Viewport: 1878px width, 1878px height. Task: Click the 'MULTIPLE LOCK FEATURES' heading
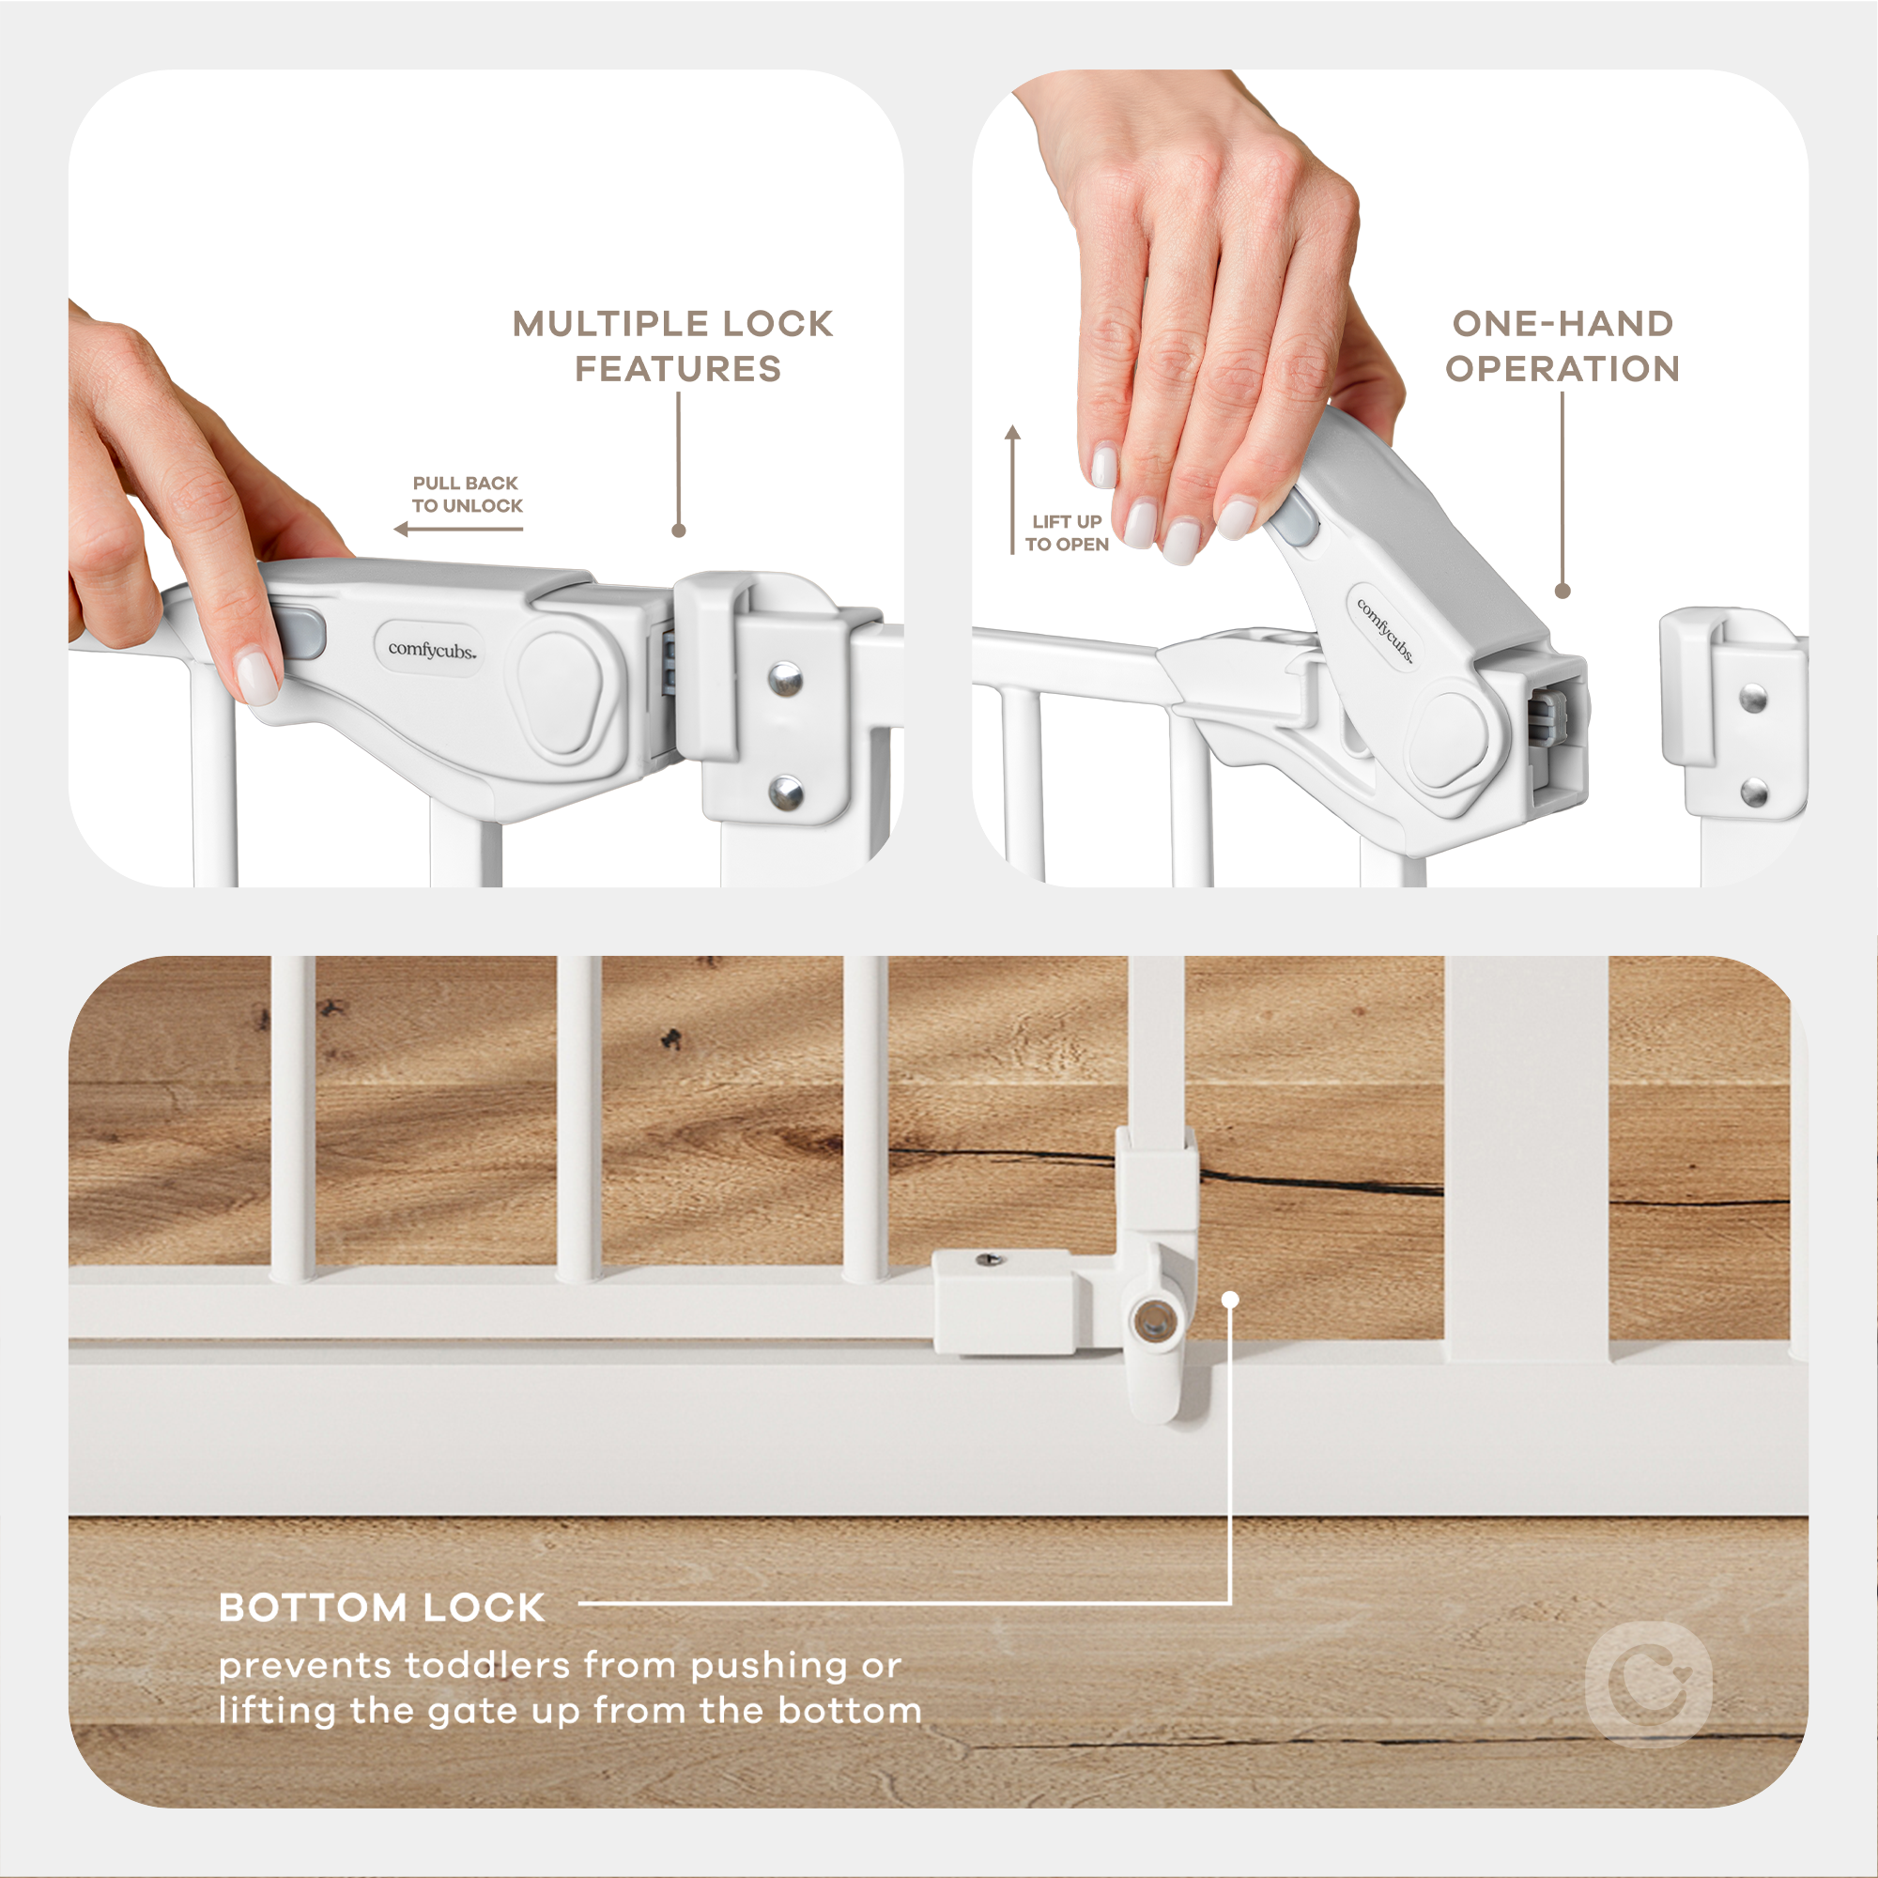point(672,346)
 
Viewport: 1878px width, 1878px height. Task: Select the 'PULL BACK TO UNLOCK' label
point(467,494)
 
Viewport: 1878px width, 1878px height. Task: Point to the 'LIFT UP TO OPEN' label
point(1067,532)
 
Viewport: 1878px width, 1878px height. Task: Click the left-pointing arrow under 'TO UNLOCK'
point(458,529)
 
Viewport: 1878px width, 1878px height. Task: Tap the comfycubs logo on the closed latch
point(432,650)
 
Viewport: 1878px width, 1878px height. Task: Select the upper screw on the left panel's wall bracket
point(785,679)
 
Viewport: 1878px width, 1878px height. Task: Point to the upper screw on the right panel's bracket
point(1752,698)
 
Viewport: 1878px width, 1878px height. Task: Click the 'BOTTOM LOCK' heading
point(381,1608)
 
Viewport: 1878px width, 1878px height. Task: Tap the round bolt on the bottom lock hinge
point(1153,1321)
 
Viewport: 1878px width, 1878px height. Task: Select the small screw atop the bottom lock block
point(990,1261)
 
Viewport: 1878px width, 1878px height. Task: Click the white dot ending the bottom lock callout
point(1230,1300)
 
